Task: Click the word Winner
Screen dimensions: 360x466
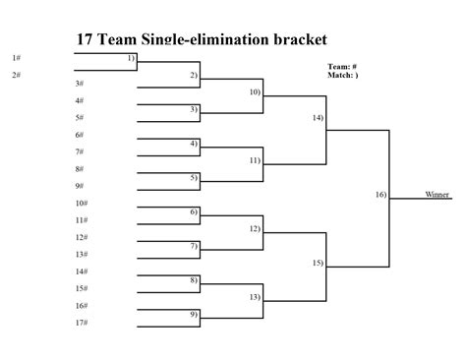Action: [x=437, y=195]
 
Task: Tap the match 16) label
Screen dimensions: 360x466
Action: [x=380, y=195]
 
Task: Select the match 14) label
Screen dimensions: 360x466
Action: [x=318, y=117]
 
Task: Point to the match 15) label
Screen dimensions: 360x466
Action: [x=318, y=263]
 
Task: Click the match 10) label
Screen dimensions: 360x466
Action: [x=255, y=91]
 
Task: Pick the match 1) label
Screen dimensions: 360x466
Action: [x=131, y=58]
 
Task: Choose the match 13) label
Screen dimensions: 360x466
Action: [x=255, y=296]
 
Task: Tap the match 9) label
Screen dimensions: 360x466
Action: [x=194, y=314]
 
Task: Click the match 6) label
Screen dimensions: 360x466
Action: [x=194, y=211]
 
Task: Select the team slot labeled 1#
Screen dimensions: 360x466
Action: [x=17, y=58]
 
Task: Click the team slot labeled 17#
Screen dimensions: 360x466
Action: [x=82, y=323]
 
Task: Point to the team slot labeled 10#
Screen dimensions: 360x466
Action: [x=82, y=203]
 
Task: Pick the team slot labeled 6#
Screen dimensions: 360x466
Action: [x=80, y=135]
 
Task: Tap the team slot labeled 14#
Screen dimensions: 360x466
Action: [x=82, y=271]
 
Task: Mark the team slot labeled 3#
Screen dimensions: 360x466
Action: [x=80, y=84]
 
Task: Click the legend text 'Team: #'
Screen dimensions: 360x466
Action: [x=341, y=67]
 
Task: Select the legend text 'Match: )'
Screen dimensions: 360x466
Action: [x=343, y=75]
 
